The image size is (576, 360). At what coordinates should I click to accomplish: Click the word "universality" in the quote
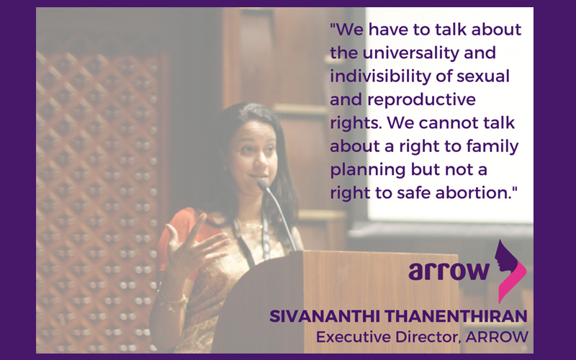[410, 53]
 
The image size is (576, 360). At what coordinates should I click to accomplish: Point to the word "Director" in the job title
[428, 337]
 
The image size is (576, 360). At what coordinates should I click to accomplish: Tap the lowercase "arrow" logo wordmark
[449, 271]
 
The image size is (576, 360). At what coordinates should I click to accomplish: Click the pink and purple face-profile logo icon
[510, 271]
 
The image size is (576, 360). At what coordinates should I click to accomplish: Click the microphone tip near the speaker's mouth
[263, 184]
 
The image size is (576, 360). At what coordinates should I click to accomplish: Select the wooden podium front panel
[380, 301]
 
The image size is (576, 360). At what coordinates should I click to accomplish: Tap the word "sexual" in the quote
[483, 76]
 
